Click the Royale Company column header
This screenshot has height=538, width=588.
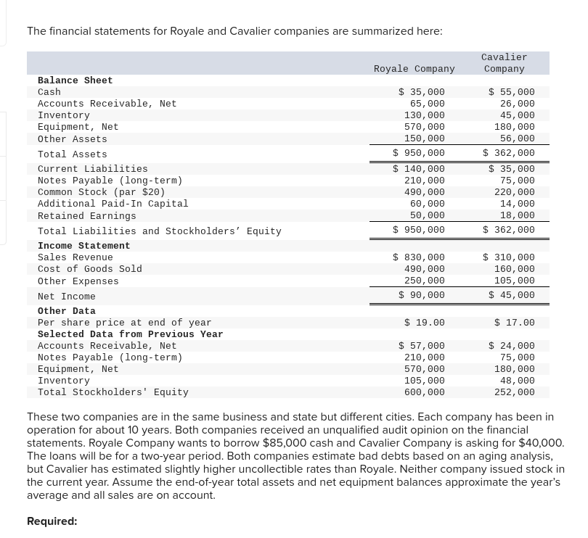coord(414,69)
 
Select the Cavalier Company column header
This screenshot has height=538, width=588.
coord(504,63)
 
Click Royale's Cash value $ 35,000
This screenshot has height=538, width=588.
coord(422,92)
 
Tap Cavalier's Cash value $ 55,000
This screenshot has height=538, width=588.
coord(512,92)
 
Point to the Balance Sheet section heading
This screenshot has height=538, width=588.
coord(75,80)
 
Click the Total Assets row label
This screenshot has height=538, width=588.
coord(72,154)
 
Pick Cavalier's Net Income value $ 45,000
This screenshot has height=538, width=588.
coord(512,295)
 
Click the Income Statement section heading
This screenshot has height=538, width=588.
coord(83,246)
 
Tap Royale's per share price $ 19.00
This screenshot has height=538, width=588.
coord(425,323)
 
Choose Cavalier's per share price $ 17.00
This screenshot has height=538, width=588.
coord(515,323)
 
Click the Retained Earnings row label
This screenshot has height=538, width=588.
coord(86,216)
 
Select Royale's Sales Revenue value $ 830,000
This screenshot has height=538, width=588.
coord(419,257)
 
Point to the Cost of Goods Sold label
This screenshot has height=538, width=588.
coord(89,269)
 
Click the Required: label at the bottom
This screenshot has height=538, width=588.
coord(52,521)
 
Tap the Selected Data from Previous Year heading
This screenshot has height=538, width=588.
coord(130,334)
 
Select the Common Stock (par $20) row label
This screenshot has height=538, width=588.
coord(101,192)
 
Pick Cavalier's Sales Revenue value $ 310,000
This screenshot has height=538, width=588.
coord(509,257)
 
